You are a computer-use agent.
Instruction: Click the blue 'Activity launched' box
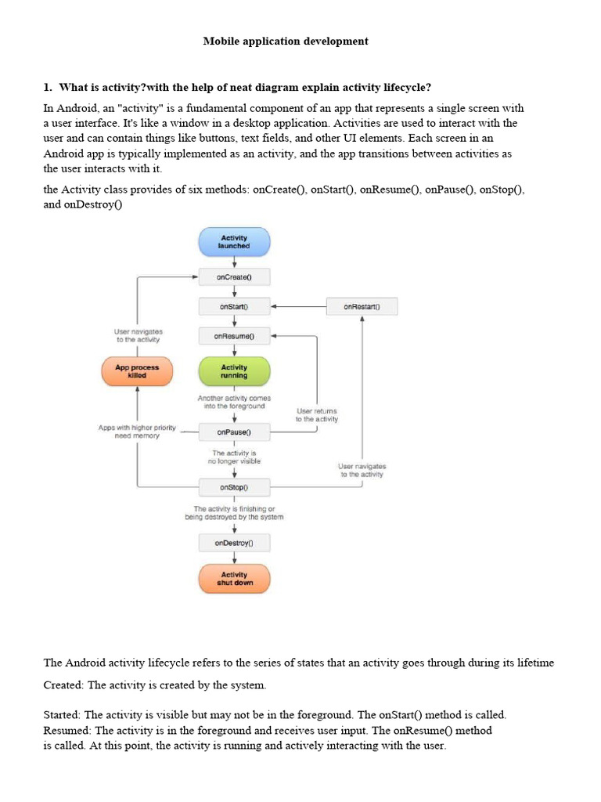click(x=234, y=241)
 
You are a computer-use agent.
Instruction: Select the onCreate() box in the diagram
click(x=234, y=277)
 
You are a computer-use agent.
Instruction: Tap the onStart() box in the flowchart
click(x=234, y=306)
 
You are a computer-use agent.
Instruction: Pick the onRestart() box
click(x=362, y=306)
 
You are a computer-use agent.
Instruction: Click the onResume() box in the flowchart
click(x=234, y=336)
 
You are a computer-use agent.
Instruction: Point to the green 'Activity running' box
click(x=234, y=371)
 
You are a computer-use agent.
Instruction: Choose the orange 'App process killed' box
click(x=137, y=371)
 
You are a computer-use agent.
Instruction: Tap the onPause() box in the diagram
click(x=234, y=432)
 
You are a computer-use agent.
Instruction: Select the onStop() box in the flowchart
click(x=234, y=487)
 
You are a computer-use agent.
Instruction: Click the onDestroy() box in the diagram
click(x=234, y=542)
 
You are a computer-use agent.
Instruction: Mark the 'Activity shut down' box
click(x=234, y=579)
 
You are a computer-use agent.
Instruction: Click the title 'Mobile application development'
click(x=286, y=41)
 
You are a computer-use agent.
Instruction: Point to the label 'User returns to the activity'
click(x=317, y=415)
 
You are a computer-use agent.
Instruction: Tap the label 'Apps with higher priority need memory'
click(x=137, y=432)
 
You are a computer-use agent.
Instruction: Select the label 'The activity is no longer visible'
click(x=234, y=457)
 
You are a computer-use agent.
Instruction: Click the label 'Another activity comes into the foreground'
click(x=234, y=403)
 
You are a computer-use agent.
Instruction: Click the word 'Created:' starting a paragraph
click(x=63, y=685)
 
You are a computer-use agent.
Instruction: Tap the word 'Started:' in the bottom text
click(x=62, y=715)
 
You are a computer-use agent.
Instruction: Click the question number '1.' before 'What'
click(x=48, y=86)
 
